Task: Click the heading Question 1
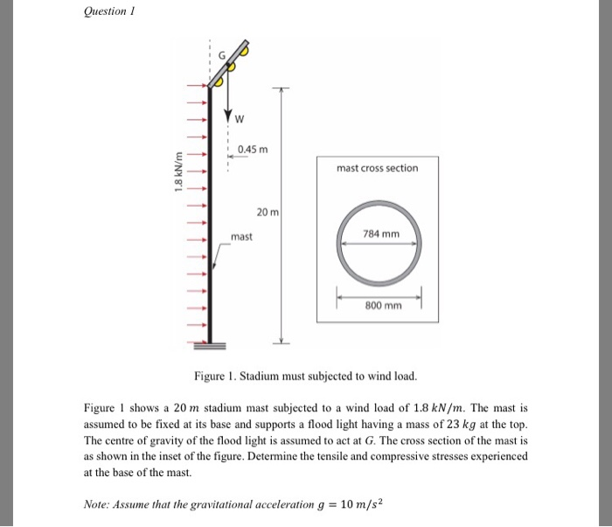[111, 11]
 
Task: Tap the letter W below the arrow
[238, 120]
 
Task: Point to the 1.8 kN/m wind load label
[178, 173]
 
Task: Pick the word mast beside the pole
[242, 236]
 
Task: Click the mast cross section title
[378, 168]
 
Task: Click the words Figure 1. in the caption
[218, 376]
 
